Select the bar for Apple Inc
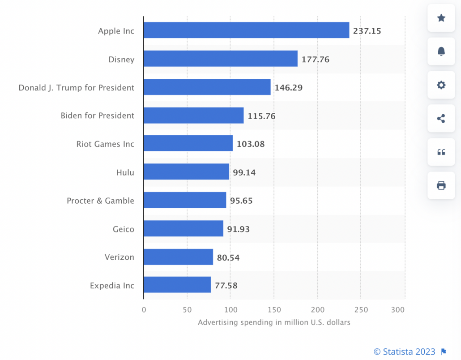click(246, 30)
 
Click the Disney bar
click(220, 59)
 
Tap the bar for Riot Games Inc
click(188, 143)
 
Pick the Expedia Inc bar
click(177, 285)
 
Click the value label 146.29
click(289, 88)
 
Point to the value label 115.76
click(261, 116)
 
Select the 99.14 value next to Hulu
click(244, 172)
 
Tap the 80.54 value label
click(228, 257)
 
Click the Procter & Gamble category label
click(100, 201)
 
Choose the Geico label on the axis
click(124, 229)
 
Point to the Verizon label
click(120, 257)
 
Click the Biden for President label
click(98, 116)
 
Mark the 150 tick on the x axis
click(274, 310)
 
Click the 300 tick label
click(398, 310)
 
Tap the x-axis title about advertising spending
click(274, 322)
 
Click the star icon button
click(441, 18)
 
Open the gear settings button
click(441, 85)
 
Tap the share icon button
click(441, 119)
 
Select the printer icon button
click(441, 185)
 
